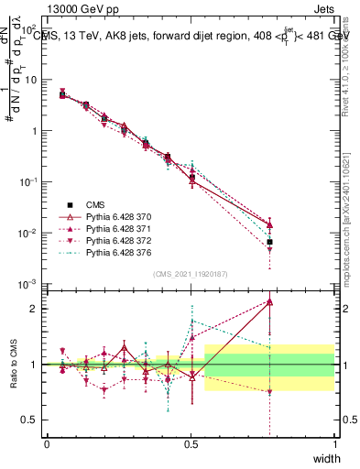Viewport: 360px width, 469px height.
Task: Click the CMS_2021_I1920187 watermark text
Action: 191,274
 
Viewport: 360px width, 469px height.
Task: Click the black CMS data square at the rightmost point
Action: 269,242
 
